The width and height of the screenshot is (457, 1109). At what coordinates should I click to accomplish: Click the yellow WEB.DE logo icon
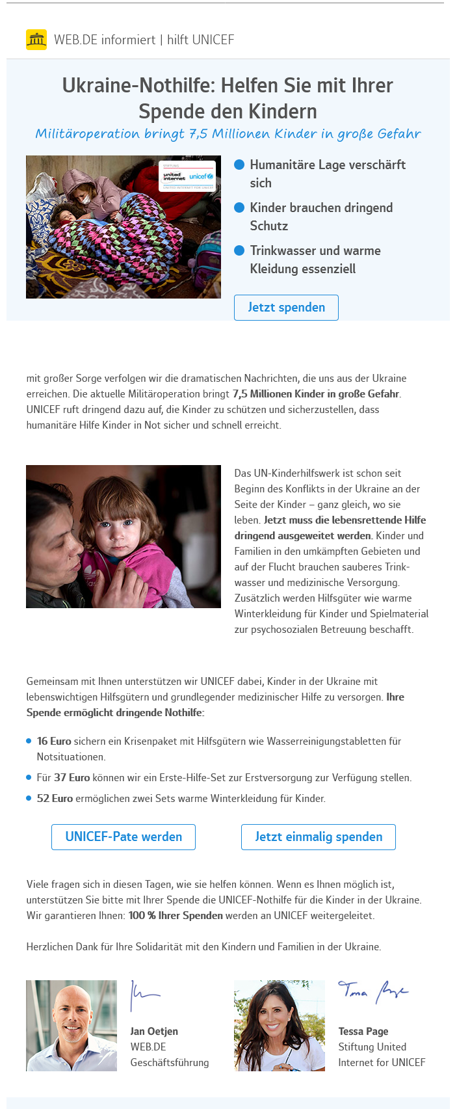click(36, 40)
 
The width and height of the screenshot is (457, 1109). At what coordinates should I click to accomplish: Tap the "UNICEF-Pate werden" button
click(124, 837)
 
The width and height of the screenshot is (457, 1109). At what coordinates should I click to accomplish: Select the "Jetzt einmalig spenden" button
click(319, 837)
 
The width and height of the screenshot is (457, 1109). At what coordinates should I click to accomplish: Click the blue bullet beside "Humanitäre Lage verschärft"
click(239, 165)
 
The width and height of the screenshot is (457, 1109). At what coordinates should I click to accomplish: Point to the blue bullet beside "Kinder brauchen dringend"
click(239, 207)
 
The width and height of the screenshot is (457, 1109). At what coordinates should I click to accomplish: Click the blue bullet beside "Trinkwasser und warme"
click(239, 250)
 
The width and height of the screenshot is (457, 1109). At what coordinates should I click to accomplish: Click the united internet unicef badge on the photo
click(187, 176)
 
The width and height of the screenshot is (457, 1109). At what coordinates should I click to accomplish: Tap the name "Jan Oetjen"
click(154, 1031)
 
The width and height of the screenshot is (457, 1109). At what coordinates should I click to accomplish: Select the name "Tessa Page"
click(363, 1031)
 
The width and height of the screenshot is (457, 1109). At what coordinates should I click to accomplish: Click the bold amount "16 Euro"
click(54, 741)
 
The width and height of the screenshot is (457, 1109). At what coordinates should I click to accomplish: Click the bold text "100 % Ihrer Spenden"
click(176, 915)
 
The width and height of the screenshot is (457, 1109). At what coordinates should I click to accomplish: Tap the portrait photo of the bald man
click(72, 1026)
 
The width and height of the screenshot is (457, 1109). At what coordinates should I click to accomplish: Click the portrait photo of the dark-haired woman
click(280, 1026)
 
